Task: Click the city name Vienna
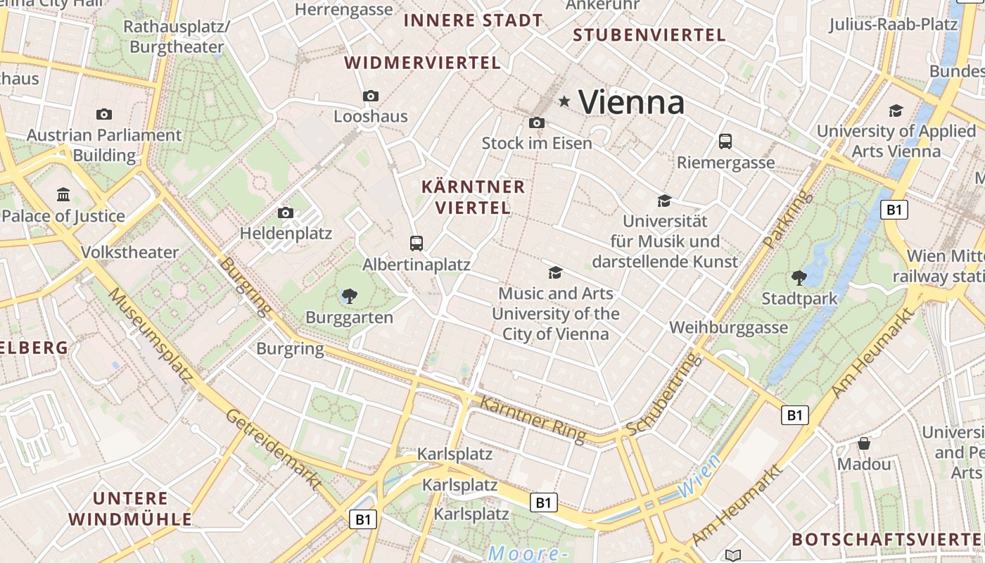(631, 103)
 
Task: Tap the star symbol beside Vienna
(564, 102)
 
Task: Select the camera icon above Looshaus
(371, 96)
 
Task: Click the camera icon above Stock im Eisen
(536, 122)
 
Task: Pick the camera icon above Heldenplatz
(285, 213)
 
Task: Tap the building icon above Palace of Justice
(64, 194)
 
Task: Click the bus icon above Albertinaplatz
(417, 243)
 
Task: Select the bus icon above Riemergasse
(725, 141)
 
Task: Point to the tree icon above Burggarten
(349, 296)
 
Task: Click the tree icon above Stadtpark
(799, 277)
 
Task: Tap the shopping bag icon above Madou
(864, 443)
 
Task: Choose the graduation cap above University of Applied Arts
(896, 110)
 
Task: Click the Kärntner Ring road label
(533, 420)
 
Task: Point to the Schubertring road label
(664, 394)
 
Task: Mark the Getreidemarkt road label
(274, 448)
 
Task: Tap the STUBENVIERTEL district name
(649, 35)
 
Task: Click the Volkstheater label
(130, 252)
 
